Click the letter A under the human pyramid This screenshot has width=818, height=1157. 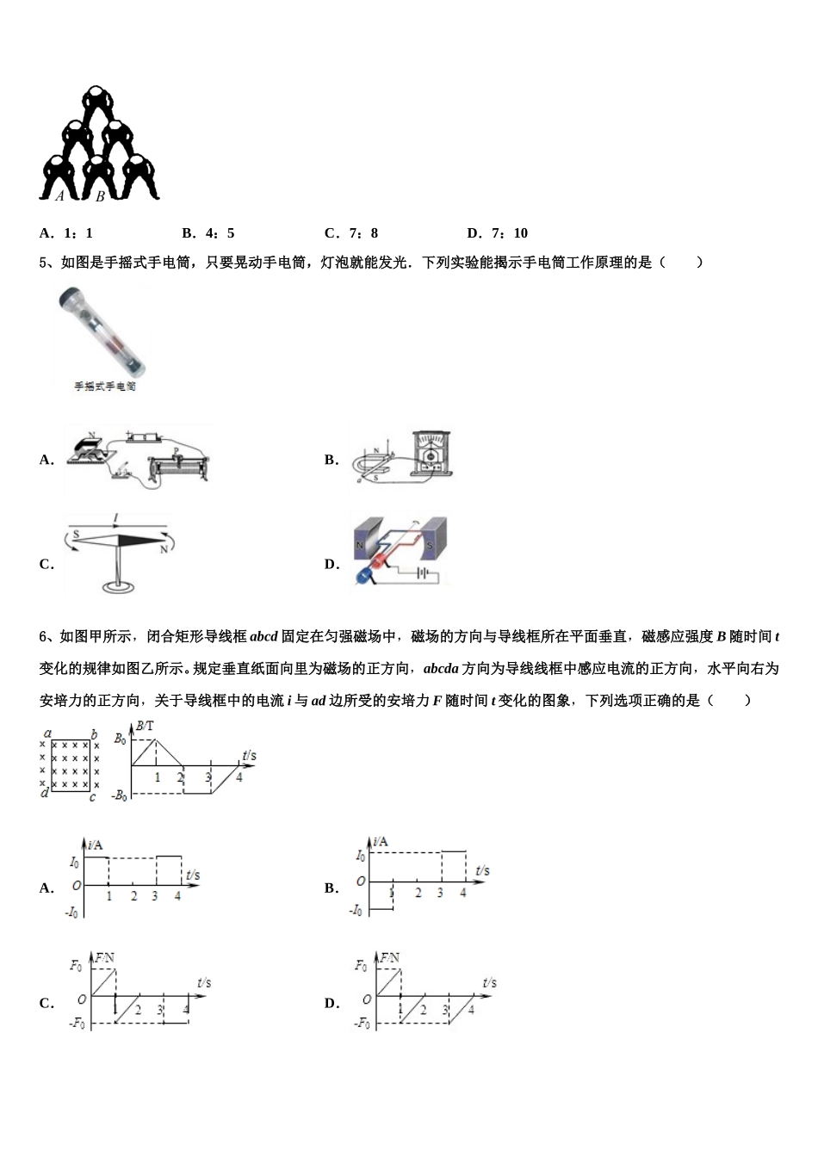[x=59, y=196]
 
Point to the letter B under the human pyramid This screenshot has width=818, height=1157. [x=100, y=196]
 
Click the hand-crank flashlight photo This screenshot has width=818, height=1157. [x=102, y=331]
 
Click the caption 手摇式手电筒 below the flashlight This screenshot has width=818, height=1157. [x=104, y=387]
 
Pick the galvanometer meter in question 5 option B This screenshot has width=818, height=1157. [x=433, y=451]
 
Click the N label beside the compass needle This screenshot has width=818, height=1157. [x=163, y=549]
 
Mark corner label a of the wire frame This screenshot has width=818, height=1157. [x=47, y=733]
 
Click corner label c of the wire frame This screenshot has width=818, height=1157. [x=91, y=797]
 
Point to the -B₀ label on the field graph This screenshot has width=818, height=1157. [x=119, y=795]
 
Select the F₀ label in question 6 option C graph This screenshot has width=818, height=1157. [x=77, y=966]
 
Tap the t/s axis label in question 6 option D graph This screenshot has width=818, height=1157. [x=489, y=982]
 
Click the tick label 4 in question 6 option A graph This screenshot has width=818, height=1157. [x=177, y=896]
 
